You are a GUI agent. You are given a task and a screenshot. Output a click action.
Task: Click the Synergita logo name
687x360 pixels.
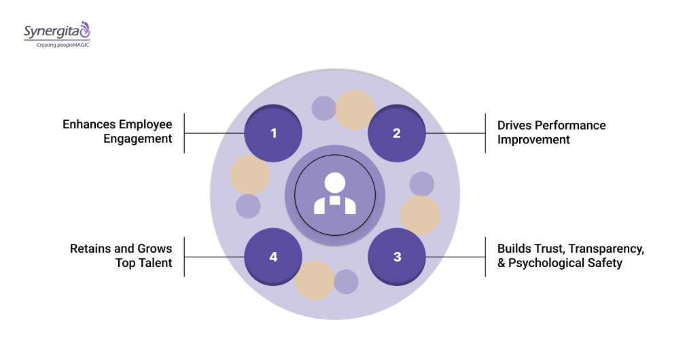[x=51, y=31]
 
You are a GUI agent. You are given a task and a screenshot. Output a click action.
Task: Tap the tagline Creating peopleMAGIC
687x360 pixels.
[x=56, y=45]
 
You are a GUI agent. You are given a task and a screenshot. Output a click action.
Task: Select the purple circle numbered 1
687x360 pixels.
[x=273, y=133]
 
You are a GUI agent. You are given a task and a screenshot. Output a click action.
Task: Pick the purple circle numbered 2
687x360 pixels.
[x=397, y=133]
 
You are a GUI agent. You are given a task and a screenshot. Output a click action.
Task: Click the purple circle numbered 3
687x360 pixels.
[x=397, y=257]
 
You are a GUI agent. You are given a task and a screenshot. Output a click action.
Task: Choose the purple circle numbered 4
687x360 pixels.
[x=273, y=257]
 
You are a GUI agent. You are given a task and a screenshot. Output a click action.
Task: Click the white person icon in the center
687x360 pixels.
[x=334, y=194]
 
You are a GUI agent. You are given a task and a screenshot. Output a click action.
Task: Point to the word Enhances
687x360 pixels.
[x=89, y=124]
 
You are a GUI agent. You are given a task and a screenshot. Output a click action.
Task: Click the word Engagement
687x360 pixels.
[x=137, y=139]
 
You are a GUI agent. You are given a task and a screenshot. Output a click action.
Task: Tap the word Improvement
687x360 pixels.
[x=533, y=140]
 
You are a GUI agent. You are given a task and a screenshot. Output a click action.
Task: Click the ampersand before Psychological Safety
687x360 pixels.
[x=501, y=264]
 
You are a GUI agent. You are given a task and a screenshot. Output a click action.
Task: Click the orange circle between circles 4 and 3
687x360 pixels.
[x=315, y=280]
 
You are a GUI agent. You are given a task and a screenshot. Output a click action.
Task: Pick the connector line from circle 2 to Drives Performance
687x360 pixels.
[x=455, y=133]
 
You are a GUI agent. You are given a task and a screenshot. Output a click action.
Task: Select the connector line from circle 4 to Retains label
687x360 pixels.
[x=214, y=257]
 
